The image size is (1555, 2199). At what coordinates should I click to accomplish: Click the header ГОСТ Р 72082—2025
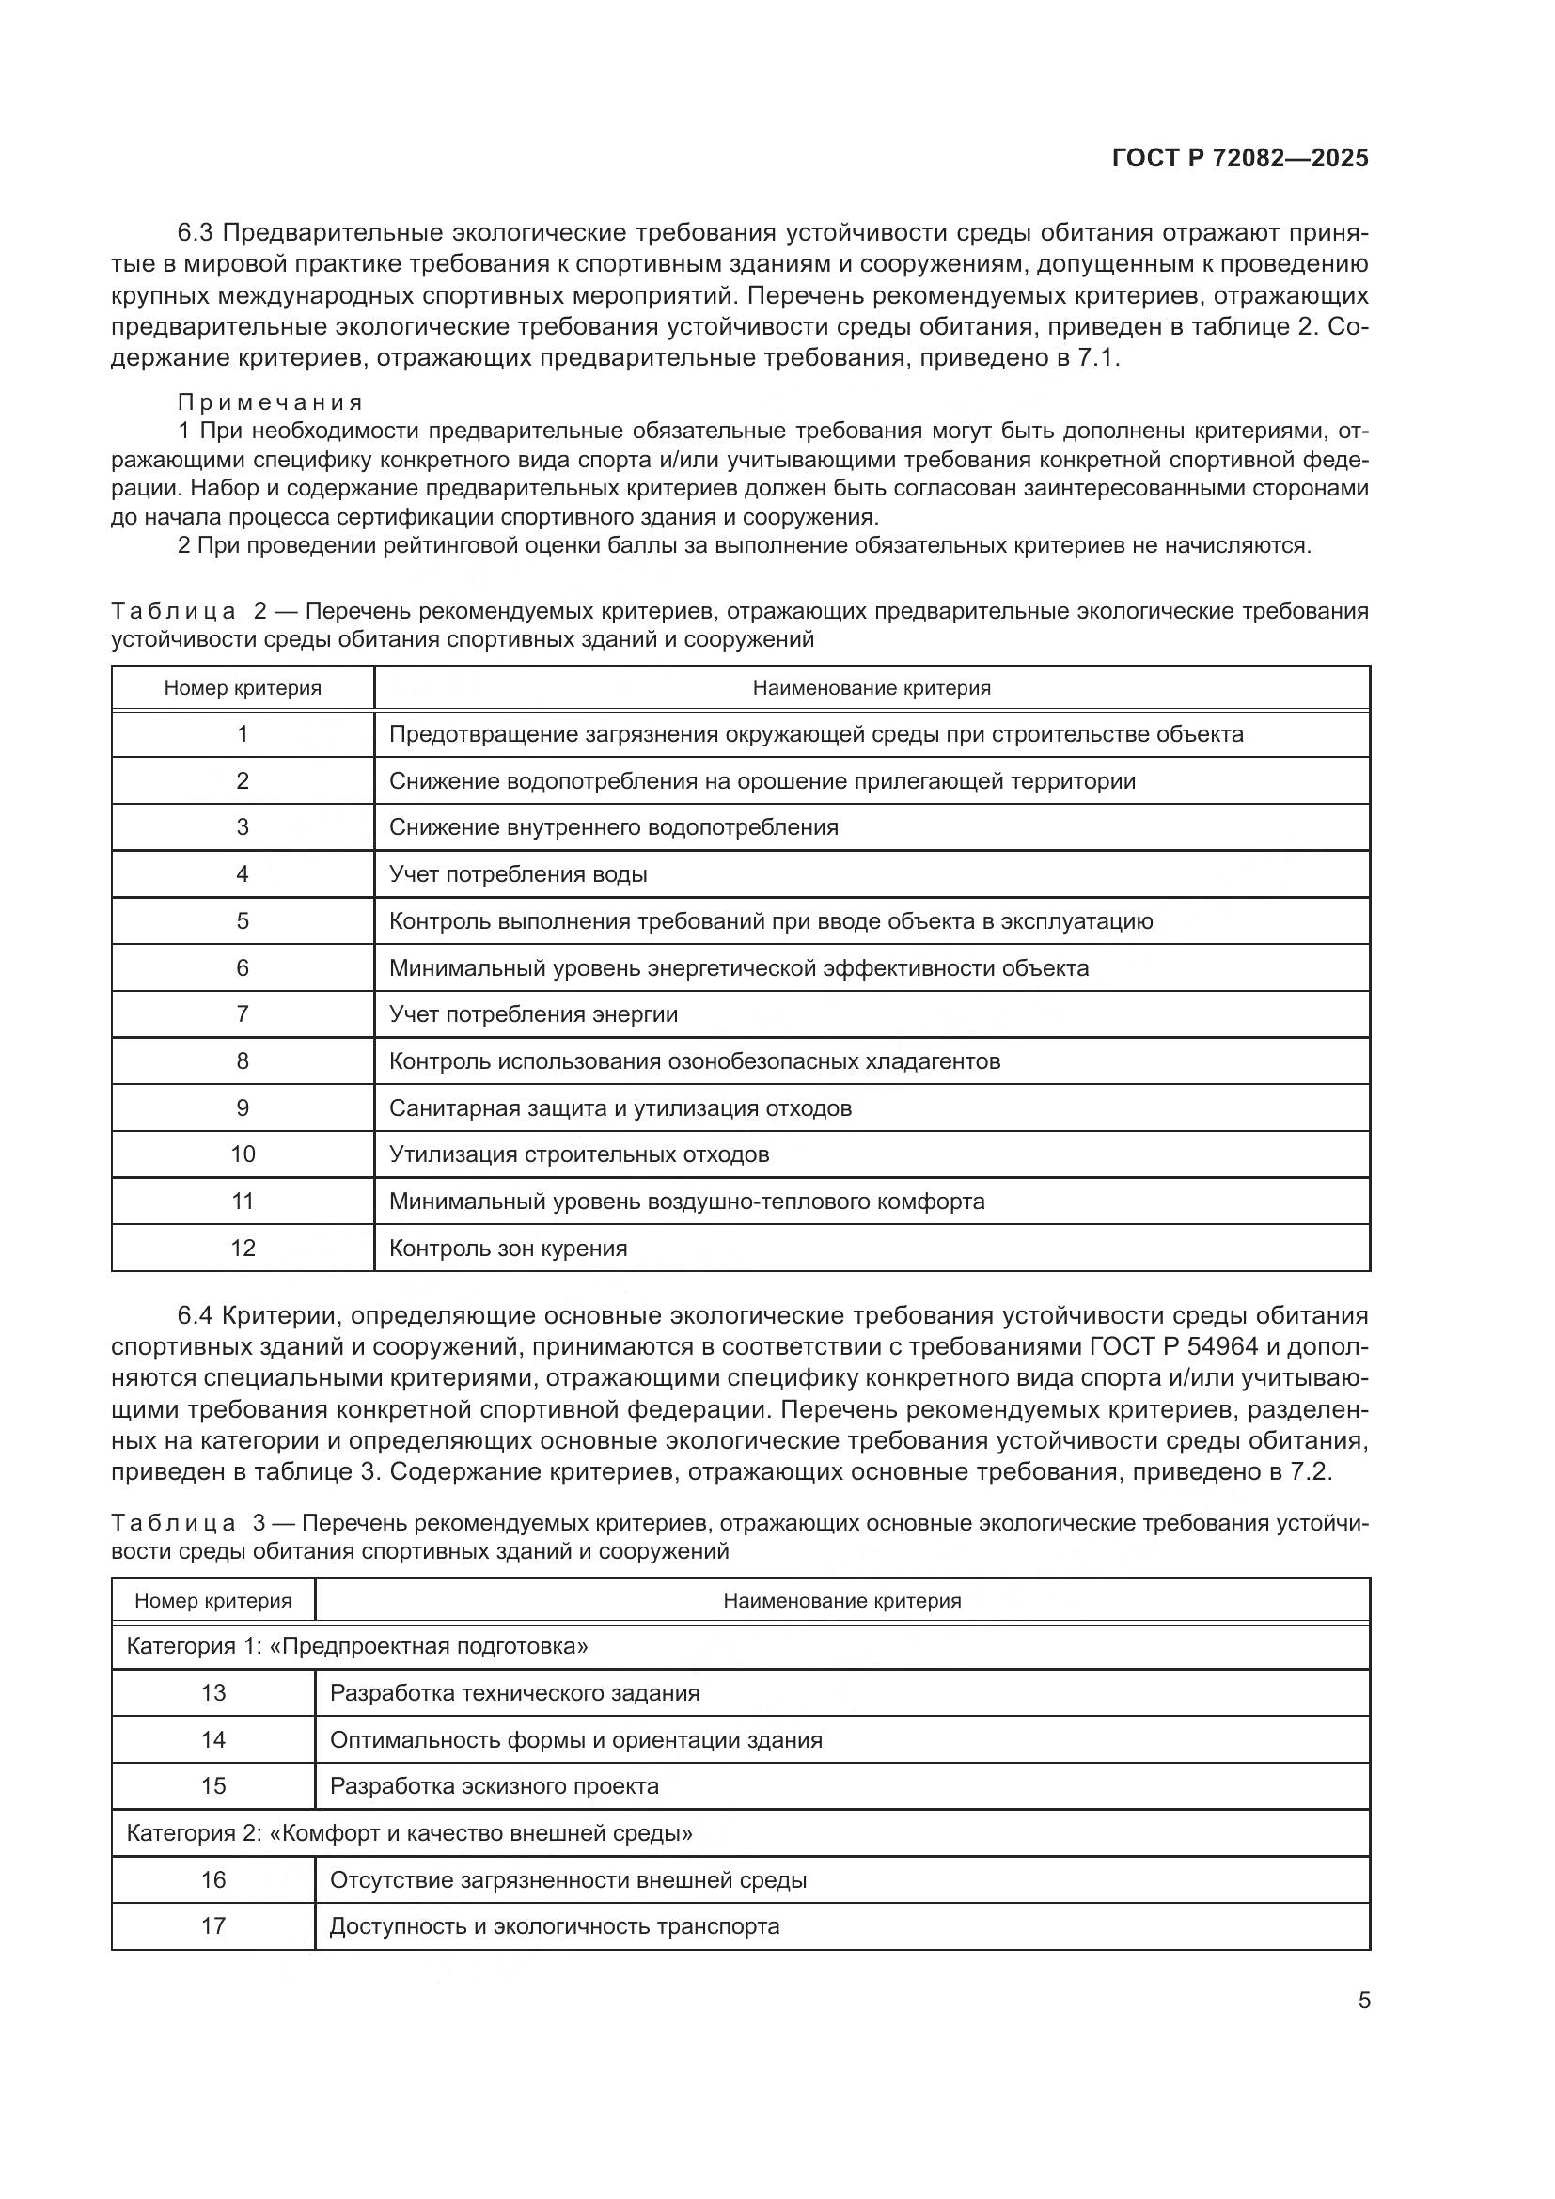(x=1240, y=158)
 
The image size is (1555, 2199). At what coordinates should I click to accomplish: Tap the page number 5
(x=1364, y=2001)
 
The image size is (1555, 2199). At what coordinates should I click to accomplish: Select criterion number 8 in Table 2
(x=243, y=1061)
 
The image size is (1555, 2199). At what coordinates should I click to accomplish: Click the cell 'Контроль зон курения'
(x=508, y=1249)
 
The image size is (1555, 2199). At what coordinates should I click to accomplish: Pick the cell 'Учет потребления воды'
(x=518, y=874)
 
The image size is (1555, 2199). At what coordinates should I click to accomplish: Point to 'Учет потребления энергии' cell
(x=533, y=1014)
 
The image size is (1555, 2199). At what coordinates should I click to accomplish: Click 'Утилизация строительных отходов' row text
(x=579, y=1155)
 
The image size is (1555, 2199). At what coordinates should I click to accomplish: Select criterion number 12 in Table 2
(x=243, y=1249)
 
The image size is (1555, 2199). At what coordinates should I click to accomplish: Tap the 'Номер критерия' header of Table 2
(x=243, y=688)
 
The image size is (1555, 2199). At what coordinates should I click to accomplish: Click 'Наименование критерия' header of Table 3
(x=841, y=1601)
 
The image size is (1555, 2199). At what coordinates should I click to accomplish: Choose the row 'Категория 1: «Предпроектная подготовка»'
(x=357, y=1647)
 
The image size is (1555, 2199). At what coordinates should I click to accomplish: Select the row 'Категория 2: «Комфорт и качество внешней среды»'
(x=410, y=1833)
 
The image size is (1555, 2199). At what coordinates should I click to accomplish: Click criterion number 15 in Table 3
(x=213, y=1786)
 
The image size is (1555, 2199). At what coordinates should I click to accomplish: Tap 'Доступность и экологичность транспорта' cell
(x=555, y=1926)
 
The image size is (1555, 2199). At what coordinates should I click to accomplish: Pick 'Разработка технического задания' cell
(x=514, y=1693)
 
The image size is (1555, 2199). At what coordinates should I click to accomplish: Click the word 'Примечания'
(x=270, y=402)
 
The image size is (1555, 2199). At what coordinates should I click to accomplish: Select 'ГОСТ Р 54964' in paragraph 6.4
(x=1174, y=1347)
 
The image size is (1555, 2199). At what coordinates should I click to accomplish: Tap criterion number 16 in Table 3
(x=213, y=1879)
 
